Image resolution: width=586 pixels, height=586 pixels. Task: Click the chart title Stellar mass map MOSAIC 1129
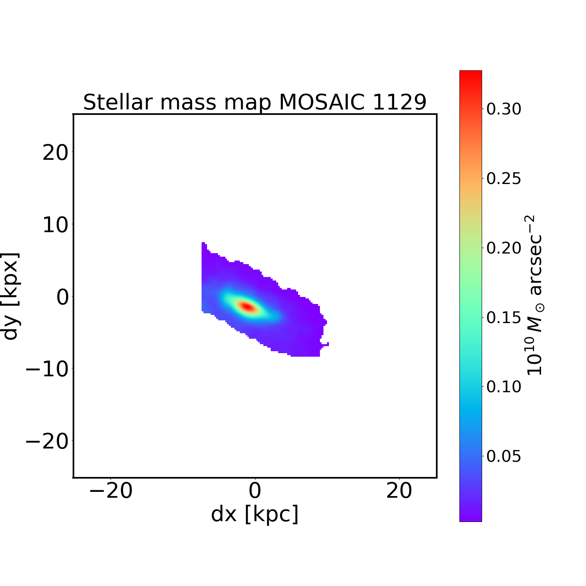pos(255,102)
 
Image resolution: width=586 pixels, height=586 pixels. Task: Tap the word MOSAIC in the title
pos(322,102)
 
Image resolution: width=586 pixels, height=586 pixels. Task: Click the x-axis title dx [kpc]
pos(255,514)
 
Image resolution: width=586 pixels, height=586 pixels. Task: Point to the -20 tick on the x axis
pos(111,491)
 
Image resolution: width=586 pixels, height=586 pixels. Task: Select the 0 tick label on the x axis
pos(255,491)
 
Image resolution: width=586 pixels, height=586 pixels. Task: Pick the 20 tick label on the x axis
pos(399,491)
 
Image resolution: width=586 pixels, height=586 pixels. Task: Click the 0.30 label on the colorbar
pos(504,109)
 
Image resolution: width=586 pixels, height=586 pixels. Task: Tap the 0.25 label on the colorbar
pos(504,179)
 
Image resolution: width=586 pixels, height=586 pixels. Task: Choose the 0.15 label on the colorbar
pos(504,318)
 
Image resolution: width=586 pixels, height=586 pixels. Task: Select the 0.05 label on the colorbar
pos(504,456)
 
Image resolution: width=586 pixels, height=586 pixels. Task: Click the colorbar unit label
pos(535,296)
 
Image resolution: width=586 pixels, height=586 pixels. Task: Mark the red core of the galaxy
pos(248,307)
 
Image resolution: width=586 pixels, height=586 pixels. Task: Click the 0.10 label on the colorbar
pos(504,387)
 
